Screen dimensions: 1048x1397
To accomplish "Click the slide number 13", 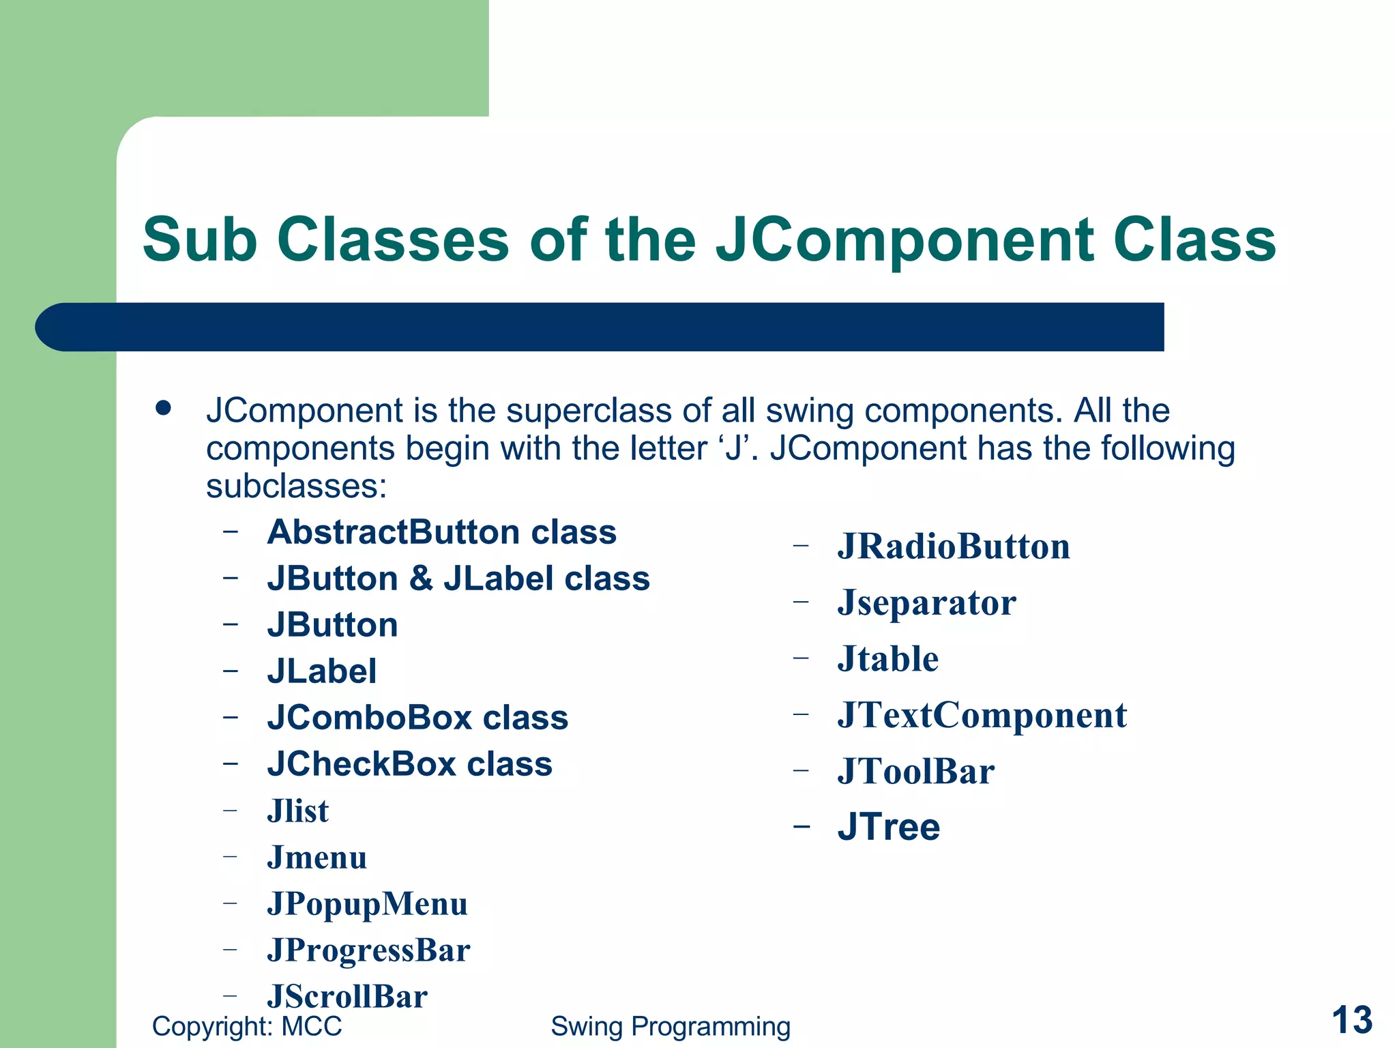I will click(1351, 1020).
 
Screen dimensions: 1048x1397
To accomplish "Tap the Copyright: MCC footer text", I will click(247, 1026).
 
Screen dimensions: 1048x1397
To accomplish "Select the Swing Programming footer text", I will click(671, 1026).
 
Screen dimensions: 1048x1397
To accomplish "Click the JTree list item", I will click(889, 827).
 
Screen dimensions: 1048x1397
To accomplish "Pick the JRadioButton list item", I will click(954, 547).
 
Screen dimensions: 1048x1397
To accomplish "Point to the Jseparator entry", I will click(926, 602).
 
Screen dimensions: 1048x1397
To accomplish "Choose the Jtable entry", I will click(887, 659).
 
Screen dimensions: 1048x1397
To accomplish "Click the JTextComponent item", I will click(982, 715).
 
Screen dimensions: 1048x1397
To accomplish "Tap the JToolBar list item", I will click(916, 772).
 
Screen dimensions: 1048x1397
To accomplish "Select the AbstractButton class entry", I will click(442, 532).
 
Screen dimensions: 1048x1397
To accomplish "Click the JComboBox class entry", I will click(417, 718).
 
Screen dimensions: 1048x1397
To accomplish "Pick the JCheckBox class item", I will click(410, 764).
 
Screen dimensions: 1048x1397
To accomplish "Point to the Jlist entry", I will click(298, 811).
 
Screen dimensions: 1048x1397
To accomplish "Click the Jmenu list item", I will click(317, 858).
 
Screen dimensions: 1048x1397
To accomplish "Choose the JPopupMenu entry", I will click(368, 904).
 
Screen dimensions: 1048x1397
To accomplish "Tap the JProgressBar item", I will click(369, 950).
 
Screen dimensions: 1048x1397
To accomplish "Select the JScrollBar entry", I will click(347, 997).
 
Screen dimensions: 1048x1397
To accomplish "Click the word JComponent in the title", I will click(905, 240).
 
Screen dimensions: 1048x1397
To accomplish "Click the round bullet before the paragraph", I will click(163, 408).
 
